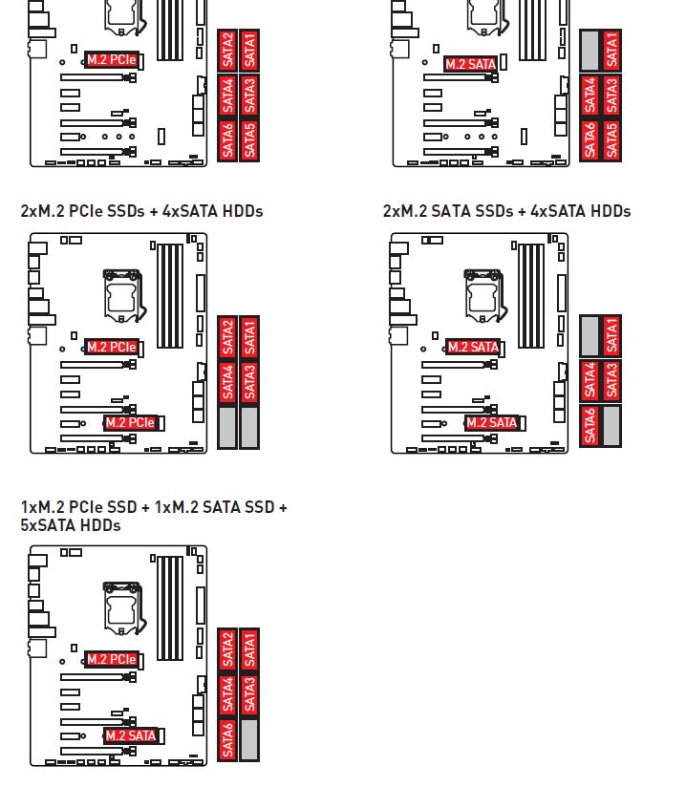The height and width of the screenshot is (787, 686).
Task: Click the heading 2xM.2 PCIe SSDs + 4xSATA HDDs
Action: pyautogui.click(x=141, y=211)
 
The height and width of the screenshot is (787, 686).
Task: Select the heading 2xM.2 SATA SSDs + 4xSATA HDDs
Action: pyautogui.click(x=506, y=211)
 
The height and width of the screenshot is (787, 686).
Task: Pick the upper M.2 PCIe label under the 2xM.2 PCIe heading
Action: pyautogui.click(x=112, y=347)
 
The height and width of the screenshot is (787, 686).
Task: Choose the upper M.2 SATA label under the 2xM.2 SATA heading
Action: pyautogui.click(x=473, y=347)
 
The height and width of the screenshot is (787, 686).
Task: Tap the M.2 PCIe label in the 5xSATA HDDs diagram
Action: pyautogui.click(x=112, y=660)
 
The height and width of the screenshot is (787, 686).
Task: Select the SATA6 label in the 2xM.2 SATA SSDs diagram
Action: pyautogui.click(x=590, y=426)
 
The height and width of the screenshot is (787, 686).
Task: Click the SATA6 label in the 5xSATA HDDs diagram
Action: pyautogui.click(x=227, y=739)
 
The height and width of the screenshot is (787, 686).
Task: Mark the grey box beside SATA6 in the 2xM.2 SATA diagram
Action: pyautogui.click(x=611, y=426)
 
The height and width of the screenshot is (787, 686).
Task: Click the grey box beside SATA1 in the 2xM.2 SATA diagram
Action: pyautogui.click(x=590, y=336)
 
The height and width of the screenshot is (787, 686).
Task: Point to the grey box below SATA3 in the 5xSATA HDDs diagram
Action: pyautogui.click(x=249, y=739)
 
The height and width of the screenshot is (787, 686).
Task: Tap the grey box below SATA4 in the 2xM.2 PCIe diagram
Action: pyautogui.click(x=227, y=427)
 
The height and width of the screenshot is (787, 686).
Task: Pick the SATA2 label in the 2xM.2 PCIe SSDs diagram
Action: pyautogui.click(x=227, y=337)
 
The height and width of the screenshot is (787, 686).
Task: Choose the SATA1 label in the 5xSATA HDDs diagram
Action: pyautogui.click(x=249, y=649)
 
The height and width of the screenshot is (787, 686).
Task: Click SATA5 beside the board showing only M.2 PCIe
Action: pyautogui.click(x=249, y=140)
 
